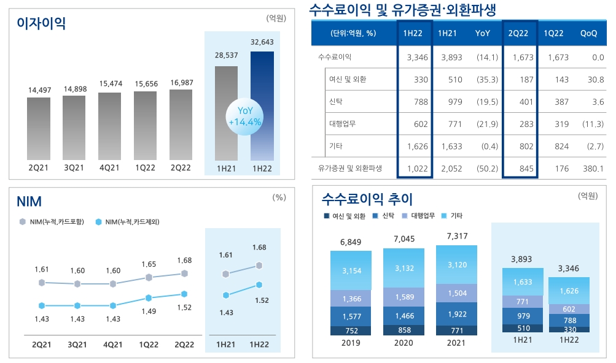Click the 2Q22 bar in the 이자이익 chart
tap(181, 125)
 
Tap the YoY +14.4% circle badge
tap(244, 116)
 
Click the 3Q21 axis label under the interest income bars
tap(74, 168)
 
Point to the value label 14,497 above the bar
tap(39, 90)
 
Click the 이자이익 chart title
tap(41, 23)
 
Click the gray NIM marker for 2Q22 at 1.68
tap(184, 273)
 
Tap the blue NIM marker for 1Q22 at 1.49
tap(149, 298)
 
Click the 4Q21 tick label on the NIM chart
tap(112, 345)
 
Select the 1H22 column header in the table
tap(413, 33)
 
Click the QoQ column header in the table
tap(588, 33)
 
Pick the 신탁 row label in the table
tap(338, 101)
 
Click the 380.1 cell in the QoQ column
tap(592, 168)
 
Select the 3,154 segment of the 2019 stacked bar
tap(351, 270)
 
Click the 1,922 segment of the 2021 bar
tap(456, 314)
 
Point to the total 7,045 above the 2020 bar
tap(404, 238)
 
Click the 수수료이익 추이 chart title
tap(367, 199)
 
